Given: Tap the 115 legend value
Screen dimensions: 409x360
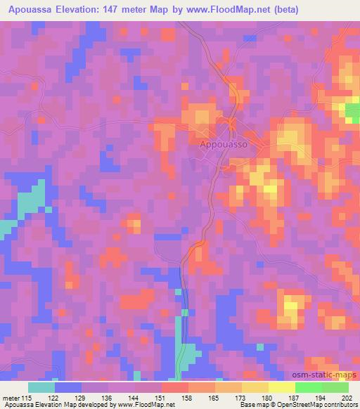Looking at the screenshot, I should [x=27, y=398].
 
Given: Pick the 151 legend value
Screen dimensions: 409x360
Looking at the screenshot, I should [x=160, y=398].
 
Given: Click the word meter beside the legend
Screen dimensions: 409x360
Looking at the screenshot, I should [x=9, y=398].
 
